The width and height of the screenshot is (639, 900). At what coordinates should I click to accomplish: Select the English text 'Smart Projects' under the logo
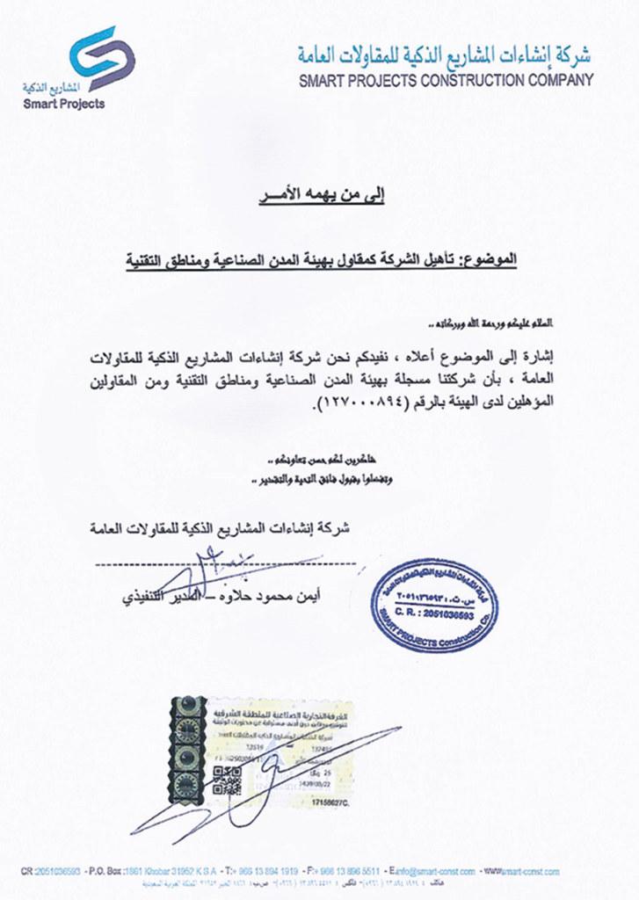[64, 104]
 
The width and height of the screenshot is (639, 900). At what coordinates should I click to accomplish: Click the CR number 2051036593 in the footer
[52, 872]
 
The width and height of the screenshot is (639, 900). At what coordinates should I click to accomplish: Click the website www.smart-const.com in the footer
[525, 872]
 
